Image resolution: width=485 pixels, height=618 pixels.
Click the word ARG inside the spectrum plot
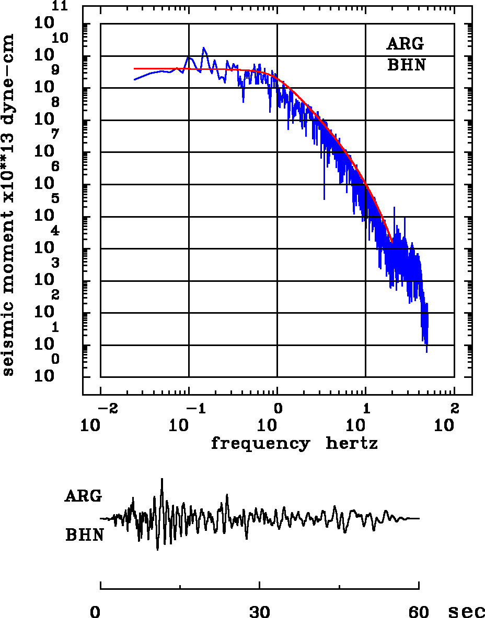(406, 44)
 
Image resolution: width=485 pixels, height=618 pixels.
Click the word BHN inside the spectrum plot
(406, 66)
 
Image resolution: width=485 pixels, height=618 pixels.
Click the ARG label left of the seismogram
(83, 496)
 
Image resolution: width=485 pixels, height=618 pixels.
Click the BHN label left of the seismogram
(84, 536)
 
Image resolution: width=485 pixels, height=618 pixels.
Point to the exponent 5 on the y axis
(55, 198)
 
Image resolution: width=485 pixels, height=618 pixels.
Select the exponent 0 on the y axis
(55, 359)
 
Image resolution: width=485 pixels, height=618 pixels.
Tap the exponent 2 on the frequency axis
(455, 407)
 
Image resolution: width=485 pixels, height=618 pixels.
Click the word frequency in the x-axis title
(260, 444)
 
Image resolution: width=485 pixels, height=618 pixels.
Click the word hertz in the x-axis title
(352, 444)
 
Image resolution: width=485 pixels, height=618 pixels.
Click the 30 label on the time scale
(260, 612)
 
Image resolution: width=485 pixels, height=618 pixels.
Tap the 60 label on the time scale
(419, 612)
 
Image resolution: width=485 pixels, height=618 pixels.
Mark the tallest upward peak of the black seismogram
(163, 479)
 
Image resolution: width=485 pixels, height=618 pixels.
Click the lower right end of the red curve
(391, 241)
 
